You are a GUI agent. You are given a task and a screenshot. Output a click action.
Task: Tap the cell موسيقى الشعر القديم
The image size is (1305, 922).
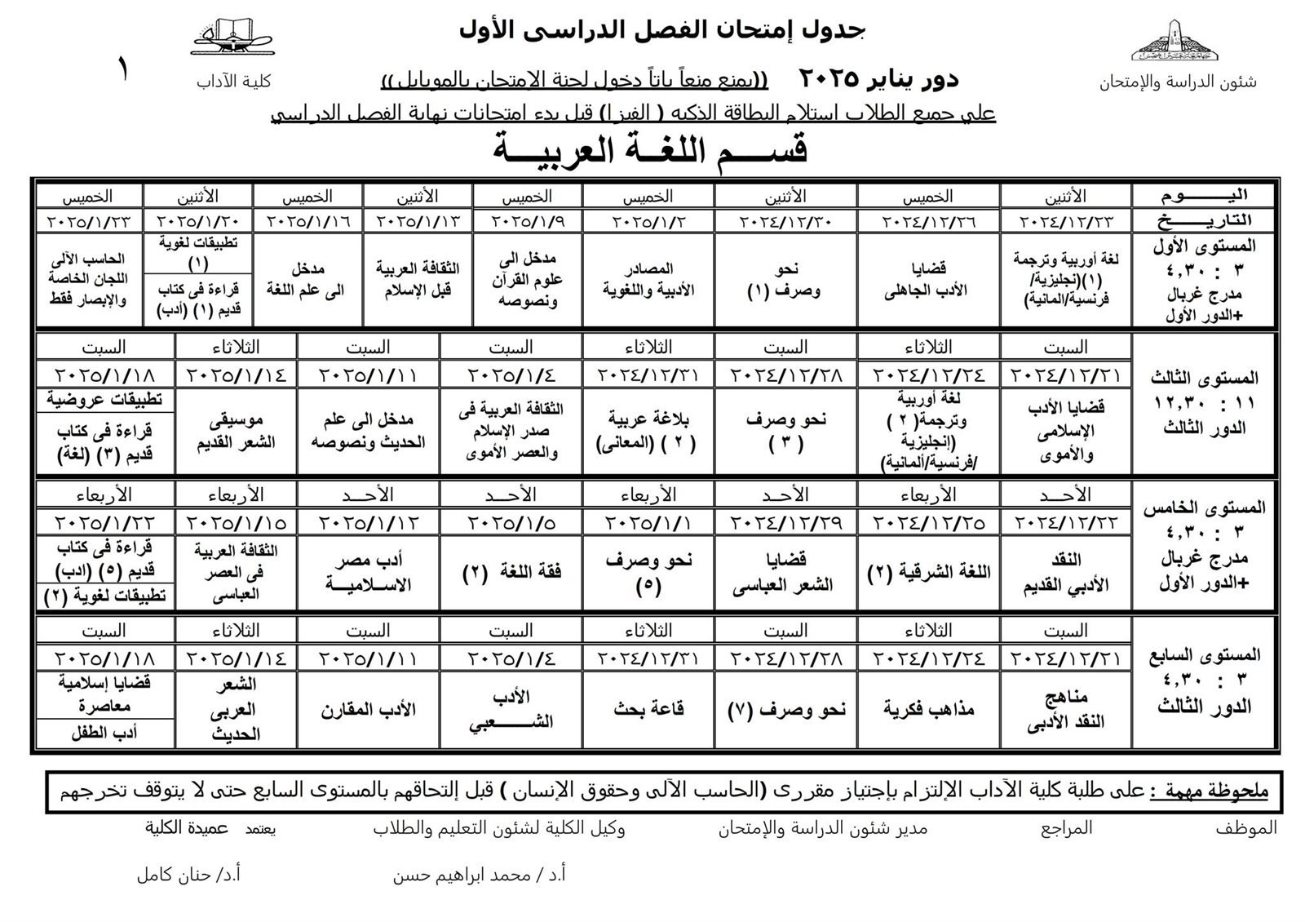(x=237, y=431)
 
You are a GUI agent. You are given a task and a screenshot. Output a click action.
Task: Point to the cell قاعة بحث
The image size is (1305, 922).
(x=648, y=709)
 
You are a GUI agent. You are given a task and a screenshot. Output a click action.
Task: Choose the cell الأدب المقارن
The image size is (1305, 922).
(x=368, y=709)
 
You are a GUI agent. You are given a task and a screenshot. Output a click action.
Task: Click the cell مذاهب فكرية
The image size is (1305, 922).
(x=928, y=709)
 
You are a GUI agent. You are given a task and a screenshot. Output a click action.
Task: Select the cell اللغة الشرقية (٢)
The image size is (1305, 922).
(x=928, y=573)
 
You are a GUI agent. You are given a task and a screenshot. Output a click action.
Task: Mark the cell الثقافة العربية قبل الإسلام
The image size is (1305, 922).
(x=418, y=280)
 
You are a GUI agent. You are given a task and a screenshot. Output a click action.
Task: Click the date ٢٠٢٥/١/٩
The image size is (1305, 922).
(x=526, y=222)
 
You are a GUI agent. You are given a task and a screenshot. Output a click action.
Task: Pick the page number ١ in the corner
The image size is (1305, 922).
(x=124, y=70)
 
